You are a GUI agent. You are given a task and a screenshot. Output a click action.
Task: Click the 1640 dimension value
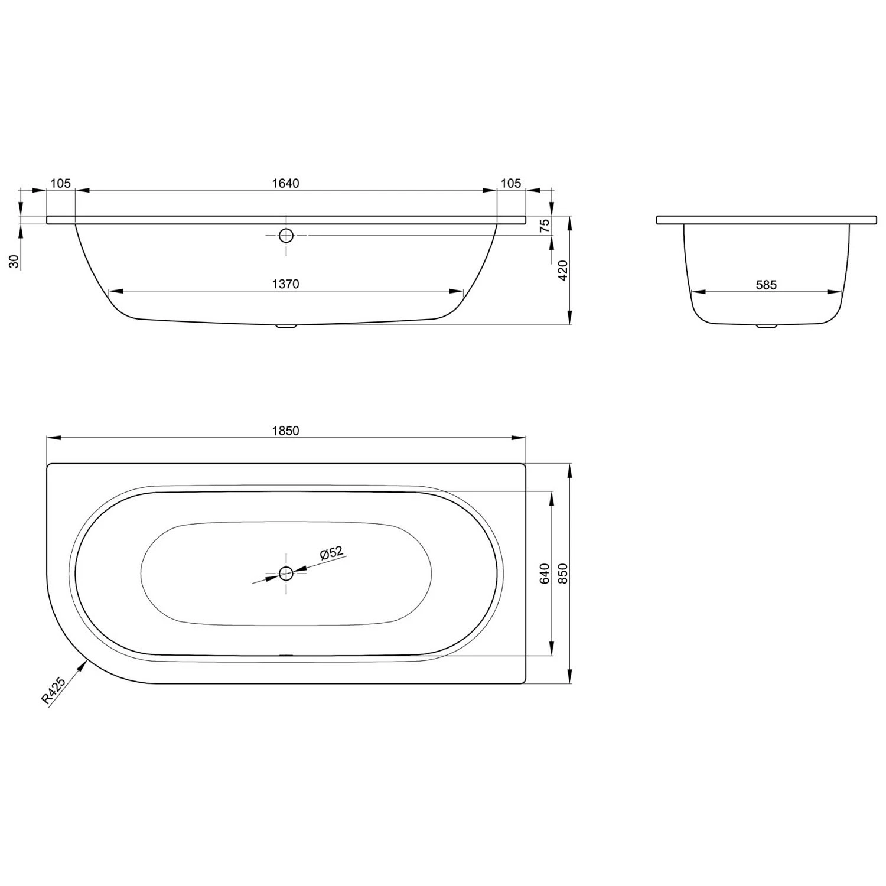pos(285,183)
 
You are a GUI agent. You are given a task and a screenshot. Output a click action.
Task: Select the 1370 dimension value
pos(285,284)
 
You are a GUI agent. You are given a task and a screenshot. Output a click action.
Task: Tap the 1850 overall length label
pos(285,431)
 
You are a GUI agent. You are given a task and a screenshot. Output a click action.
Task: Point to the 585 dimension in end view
pos(766,285)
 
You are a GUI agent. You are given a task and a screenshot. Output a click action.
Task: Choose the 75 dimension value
pos(545,224)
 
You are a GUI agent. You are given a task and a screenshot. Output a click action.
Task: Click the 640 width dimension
pos(545,573)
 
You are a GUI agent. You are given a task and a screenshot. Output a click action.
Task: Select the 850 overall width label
pos(562,573)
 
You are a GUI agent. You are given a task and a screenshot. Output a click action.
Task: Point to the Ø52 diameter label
pos(331,553)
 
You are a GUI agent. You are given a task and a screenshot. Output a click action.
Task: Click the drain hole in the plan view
pos(286,572)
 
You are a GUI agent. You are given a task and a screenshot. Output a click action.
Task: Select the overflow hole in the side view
pos(286,235)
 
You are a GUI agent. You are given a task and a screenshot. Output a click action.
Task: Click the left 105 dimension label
pos(60,183)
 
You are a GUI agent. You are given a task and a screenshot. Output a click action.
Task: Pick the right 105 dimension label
pos(510,183)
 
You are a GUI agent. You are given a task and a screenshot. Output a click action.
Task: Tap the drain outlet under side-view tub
pos(286,325)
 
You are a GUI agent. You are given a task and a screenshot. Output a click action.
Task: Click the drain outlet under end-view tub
pos(766,325)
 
